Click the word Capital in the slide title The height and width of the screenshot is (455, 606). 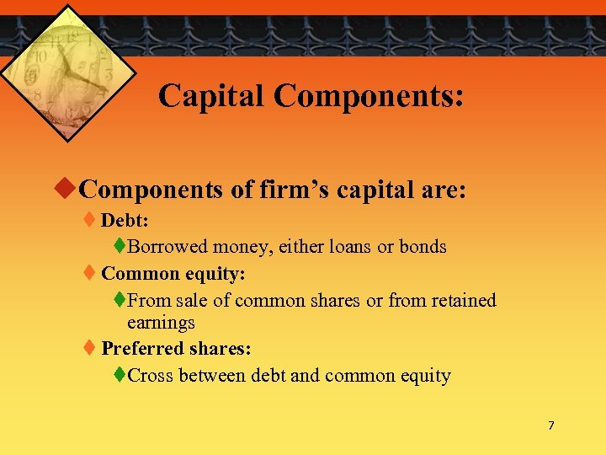coord(210,95)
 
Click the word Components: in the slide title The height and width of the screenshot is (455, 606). coord(369,95)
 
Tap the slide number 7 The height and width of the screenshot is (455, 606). coord(551,426)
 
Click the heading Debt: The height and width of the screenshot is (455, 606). coord(125,221)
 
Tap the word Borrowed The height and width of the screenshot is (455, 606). coord(167,247)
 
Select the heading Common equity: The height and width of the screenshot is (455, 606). coord(173,274)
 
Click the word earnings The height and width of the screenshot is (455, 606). coord(161,322)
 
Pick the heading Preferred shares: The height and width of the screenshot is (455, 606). coord(176,348)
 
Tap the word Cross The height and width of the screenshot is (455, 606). coord(152,375)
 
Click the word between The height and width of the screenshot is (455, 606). coord(215,375)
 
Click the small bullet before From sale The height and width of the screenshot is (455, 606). coord(120,300)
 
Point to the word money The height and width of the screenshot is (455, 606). coord(243,247)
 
